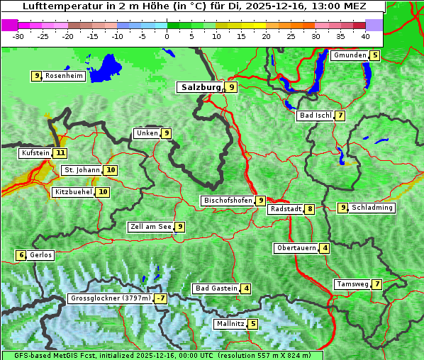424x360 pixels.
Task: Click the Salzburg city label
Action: click(x=201, y=87)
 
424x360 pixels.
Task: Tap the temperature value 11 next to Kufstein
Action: click(x=60, y=152)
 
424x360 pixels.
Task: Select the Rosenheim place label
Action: click(x=64, y=76)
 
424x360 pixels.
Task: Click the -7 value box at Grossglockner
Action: click(x=161, y=298)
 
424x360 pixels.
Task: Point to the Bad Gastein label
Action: click(x=216, y=288)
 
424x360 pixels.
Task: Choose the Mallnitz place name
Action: click(x=230, y=324)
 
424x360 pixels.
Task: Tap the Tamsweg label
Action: click(x=352, y=284)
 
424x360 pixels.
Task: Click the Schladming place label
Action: click(x=372, y=208)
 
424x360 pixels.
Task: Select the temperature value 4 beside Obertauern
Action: click(x=324, y=248)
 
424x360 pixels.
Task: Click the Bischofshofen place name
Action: click(x=228, y=201)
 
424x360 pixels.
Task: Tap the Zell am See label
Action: click(x=151, y=227)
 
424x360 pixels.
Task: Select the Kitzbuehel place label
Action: click(x=73, y=192)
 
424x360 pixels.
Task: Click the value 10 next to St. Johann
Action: click(x=111, y=170)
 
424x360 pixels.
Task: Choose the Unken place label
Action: click(x=147, y=133)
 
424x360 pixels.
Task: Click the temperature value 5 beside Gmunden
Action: click(x=375, y=55)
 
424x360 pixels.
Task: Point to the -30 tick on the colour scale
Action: click(x=18, y=35)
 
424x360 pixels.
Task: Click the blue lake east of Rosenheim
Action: click(x=107, y=68)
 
